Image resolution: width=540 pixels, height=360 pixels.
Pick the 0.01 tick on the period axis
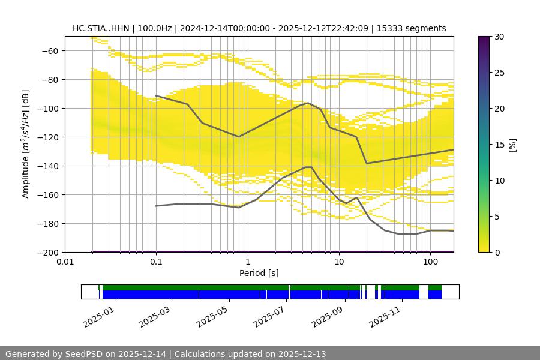click(x=65, y=262)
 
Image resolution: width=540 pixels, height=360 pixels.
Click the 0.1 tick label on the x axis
click(x=156, y=262)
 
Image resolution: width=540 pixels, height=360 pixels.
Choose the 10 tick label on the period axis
click(x=339, y=262)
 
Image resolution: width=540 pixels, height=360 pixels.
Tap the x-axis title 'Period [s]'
click(x=259, y=273)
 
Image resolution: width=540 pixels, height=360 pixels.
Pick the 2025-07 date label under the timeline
click(x=268, y=315)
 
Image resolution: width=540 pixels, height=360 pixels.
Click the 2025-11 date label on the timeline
click(x=384, y=315)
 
